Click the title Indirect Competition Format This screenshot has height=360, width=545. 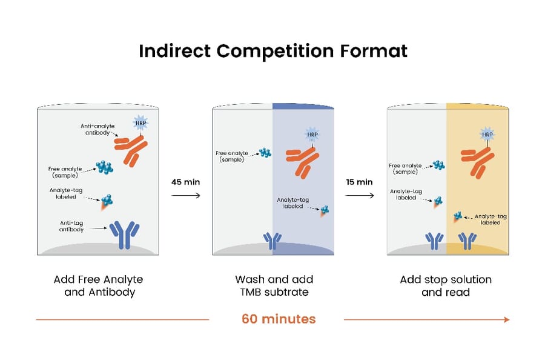pos(272,50)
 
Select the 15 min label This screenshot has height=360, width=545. pos(360,181)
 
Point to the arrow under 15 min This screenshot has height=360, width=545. pos(360,196)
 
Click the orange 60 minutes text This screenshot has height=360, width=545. pos(279,318)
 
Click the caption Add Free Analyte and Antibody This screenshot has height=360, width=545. pos(98,285)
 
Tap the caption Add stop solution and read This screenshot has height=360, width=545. pos(446,285)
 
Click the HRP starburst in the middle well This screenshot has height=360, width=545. pos(312,134)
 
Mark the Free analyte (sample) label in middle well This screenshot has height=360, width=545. pos(233,156)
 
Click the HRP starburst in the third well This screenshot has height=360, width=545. pos(486,133)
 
